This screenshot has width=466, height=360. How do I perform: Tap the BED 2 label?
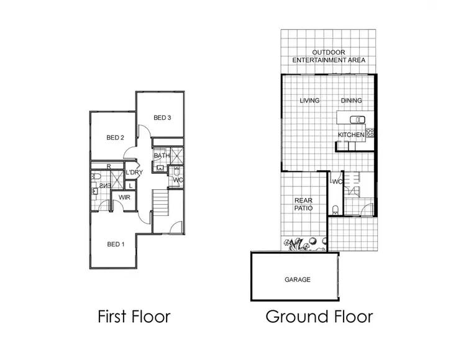pyautogui.click(x=116, y=138)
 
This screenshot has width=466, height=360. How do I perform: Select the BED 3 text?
pyautogui.click(x=162, y=118)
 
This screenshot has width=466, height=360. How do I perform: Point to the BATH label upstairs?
pyautogui.click(x=162, y=156)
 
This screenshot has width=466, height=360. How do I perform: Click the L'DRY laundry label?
pyautogui.click(x=135, y=173)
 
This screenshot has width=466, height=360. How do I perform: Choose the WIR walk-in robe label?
pyautogui.click(x=123, y=197)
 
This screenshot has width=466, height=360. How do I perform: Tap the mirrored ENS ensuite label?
pyautogui.click(x=104, y=185)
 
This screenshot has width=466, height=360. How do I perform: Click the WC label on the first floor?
pyautogui.click(x=178, y=180)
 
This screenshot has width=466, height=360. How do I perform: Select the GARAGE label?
pyautogui.click(x=298, y=279)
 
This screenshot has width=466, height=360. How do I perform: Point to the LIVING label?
pyautogui.click(x=309, y=101)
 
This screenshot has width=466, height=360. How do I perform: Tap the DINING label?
pyautogui.click(x=351, y=101)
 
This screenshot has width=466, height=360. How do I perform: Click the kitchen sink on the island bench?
pyautogui.click(x=355, y=119)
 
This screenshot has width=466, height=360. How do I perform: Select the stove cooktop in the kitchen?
pyautogui.click(x=370, y=132)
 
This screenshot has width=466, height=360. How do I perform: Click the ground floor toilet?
pyautogui.click(x=336, y=209)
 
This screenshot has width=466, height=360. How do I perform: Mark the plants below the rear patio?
pyautogui.click(x=303, y=244)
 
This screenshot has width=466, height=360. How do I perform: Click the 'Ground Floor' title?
pyautogui.click(x=319, y=317)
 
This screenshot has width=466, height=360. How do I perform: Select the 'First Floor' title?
pyautogui.click(x=134, y=317)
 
